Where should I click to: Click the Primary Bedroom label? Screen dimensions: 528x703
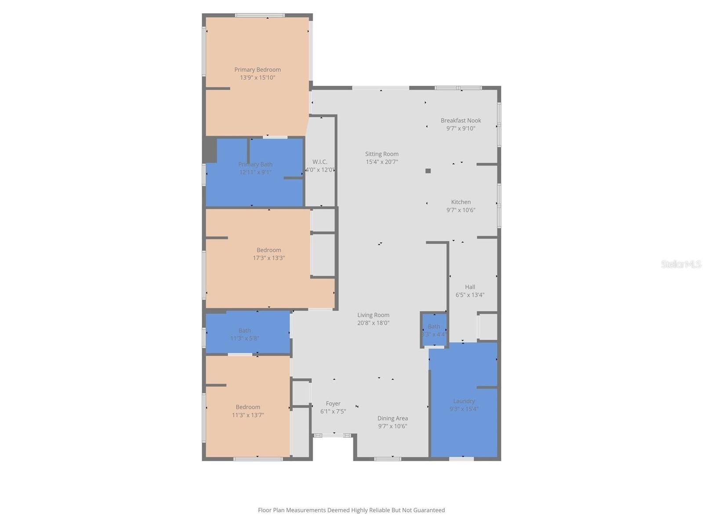coord(257,70)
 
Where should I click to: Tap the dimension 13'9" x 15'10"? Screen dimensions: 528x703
coord(257,77)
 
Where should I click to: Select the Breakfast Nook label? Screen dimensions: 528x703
coord(460,120)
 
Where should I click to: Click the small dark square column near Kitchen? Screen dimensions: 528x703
coord(428,171)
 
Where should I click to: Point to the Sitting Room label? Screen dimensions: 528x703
coord(381,154)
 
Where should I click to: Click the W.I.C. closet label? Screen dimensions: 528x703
coord(320,162)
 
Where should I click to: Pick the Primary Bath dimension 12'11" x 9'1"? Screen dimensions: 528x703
coord(255,172)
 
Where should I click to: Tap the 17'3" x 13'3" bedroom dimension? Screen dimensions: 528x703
coord(268,258)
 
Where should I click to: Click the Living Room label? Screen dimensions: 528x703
coord(373,315)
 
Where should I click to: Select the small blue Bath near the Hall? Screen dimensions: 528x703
coord(434,330)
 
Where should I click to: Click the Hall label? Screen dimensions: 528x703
coord(470,287)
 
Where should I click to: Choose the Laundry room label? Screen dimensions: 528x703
coord(464,401)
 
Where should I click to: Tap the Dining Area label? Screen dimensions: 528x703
coord(392,418)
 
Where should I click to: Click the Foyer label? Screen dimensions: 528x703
coord(333,403)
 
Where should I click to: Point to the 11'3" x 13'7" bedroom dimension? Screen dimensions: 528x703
coord(248,415)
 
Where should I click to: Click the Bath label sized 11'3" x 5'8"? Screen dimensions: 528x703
coord(245,330)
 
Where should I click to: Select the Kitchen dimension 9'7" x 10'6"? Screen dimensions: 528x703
coord(460,210)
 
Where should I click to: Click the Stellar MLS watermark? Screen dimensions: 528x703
coord(681,264)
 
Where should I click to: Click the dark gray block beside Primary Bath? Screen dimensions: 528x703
coord(210,150)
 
